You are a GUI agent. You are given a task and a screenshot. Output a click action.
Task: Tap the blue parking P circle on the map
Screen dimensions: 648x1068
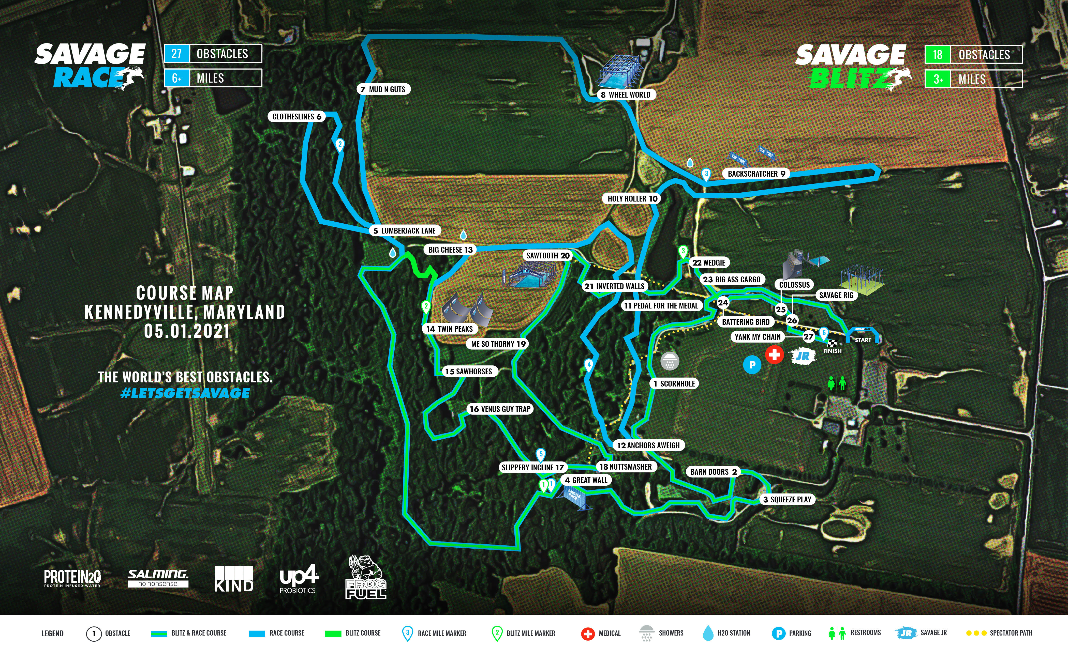[752, 365]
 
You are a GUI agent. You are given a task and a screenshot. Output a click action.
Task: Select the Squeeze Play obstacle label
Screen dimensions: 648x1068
[787, 499]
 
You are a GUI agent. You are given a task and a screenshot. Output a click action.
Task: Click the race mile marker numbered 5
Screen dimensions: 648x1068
[541, 454]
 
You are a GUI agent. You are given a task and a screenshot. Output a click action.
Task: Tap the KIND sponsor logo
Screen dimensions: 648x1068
[234, 579]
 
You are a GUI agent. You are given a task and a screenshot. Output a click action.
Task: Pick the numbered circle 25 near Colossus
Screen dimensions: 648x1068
[781, 309]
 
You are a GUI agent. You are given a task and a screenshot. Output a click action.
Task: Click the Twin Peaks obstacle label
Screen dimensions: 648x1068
[450, 329]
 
